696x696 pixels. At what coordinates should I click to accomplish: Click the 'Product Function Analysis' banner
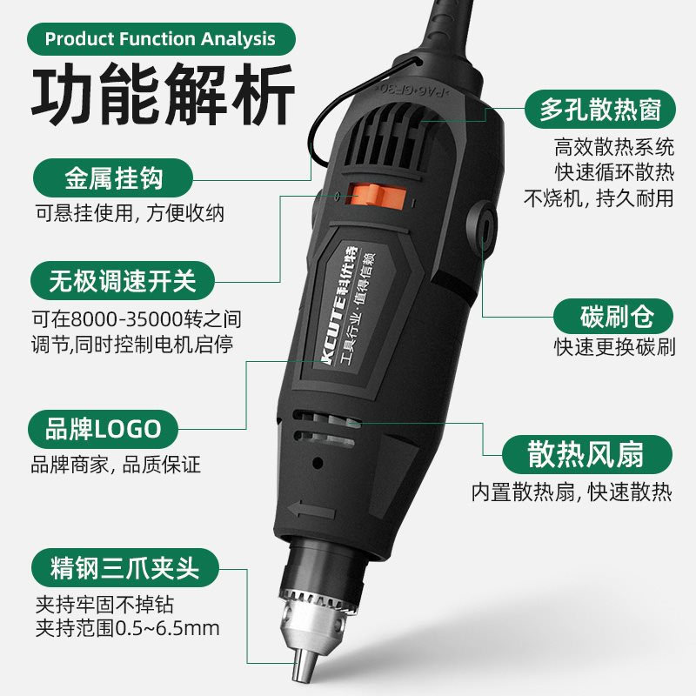(160, 39)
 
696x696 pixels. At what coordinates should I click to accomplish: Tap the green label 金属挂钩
(114, 179)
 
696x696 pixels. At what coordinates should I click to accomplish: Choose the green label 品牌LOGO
(104, 428)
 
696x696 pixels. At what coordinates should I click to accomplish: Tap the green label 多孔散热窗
(599, 110)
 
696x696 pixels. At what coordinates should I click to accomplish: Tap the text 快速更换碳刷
(614, 347)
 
